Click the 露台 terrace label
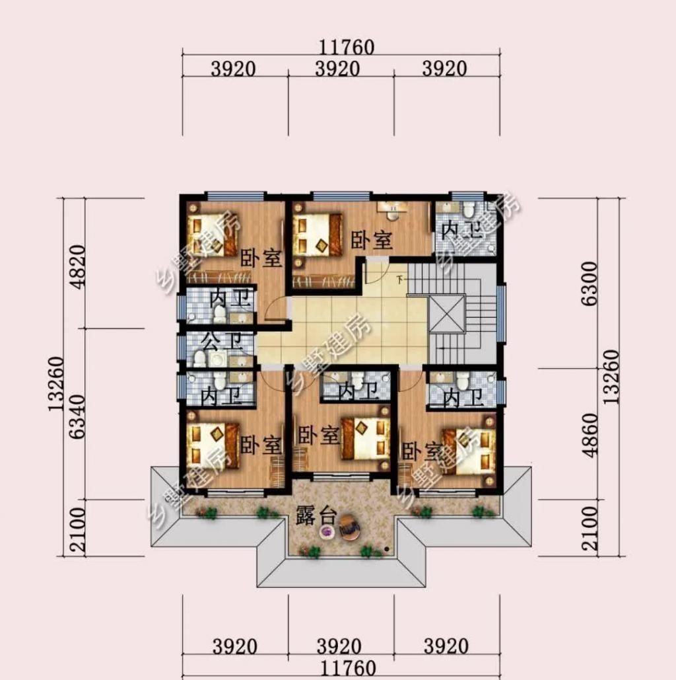[316, 515]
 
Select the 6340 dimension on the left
[77, 416]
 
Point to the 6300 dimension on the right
[590, 283]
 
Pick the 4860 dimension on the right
[590, 435]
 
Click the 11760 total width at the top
[346, 47]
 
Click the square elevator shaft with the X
[446, 313]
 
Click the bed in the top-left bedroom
[214, 235]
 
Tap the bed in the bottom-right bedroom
[469, 451]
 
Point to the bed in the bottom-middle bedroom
[366, 438]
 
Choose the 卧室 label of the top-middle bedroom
[372, 240]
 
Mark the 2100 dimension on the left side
[77, 530]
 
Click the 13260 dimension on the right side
[611, 377]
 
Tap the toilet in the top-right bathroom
[468, 209]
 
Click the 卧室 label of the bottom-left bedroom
[261, 445]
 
